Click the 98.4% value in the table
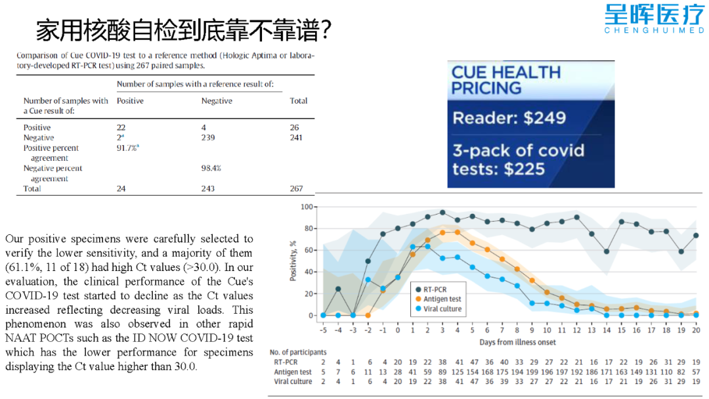tap(211, 168)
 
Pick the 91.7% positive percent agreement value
tap(127, 148)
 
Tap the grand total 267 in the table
tap(296, 188)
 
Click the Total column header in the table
tap(298, 101)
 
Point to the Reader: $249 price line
tap(509, 118)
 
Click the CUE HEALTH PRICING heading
tap(506, 80)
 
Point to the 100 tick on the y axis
tap(305, 207)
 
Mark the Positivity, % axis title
tap(293, 261)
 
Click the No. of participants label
tap(298, 352)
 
